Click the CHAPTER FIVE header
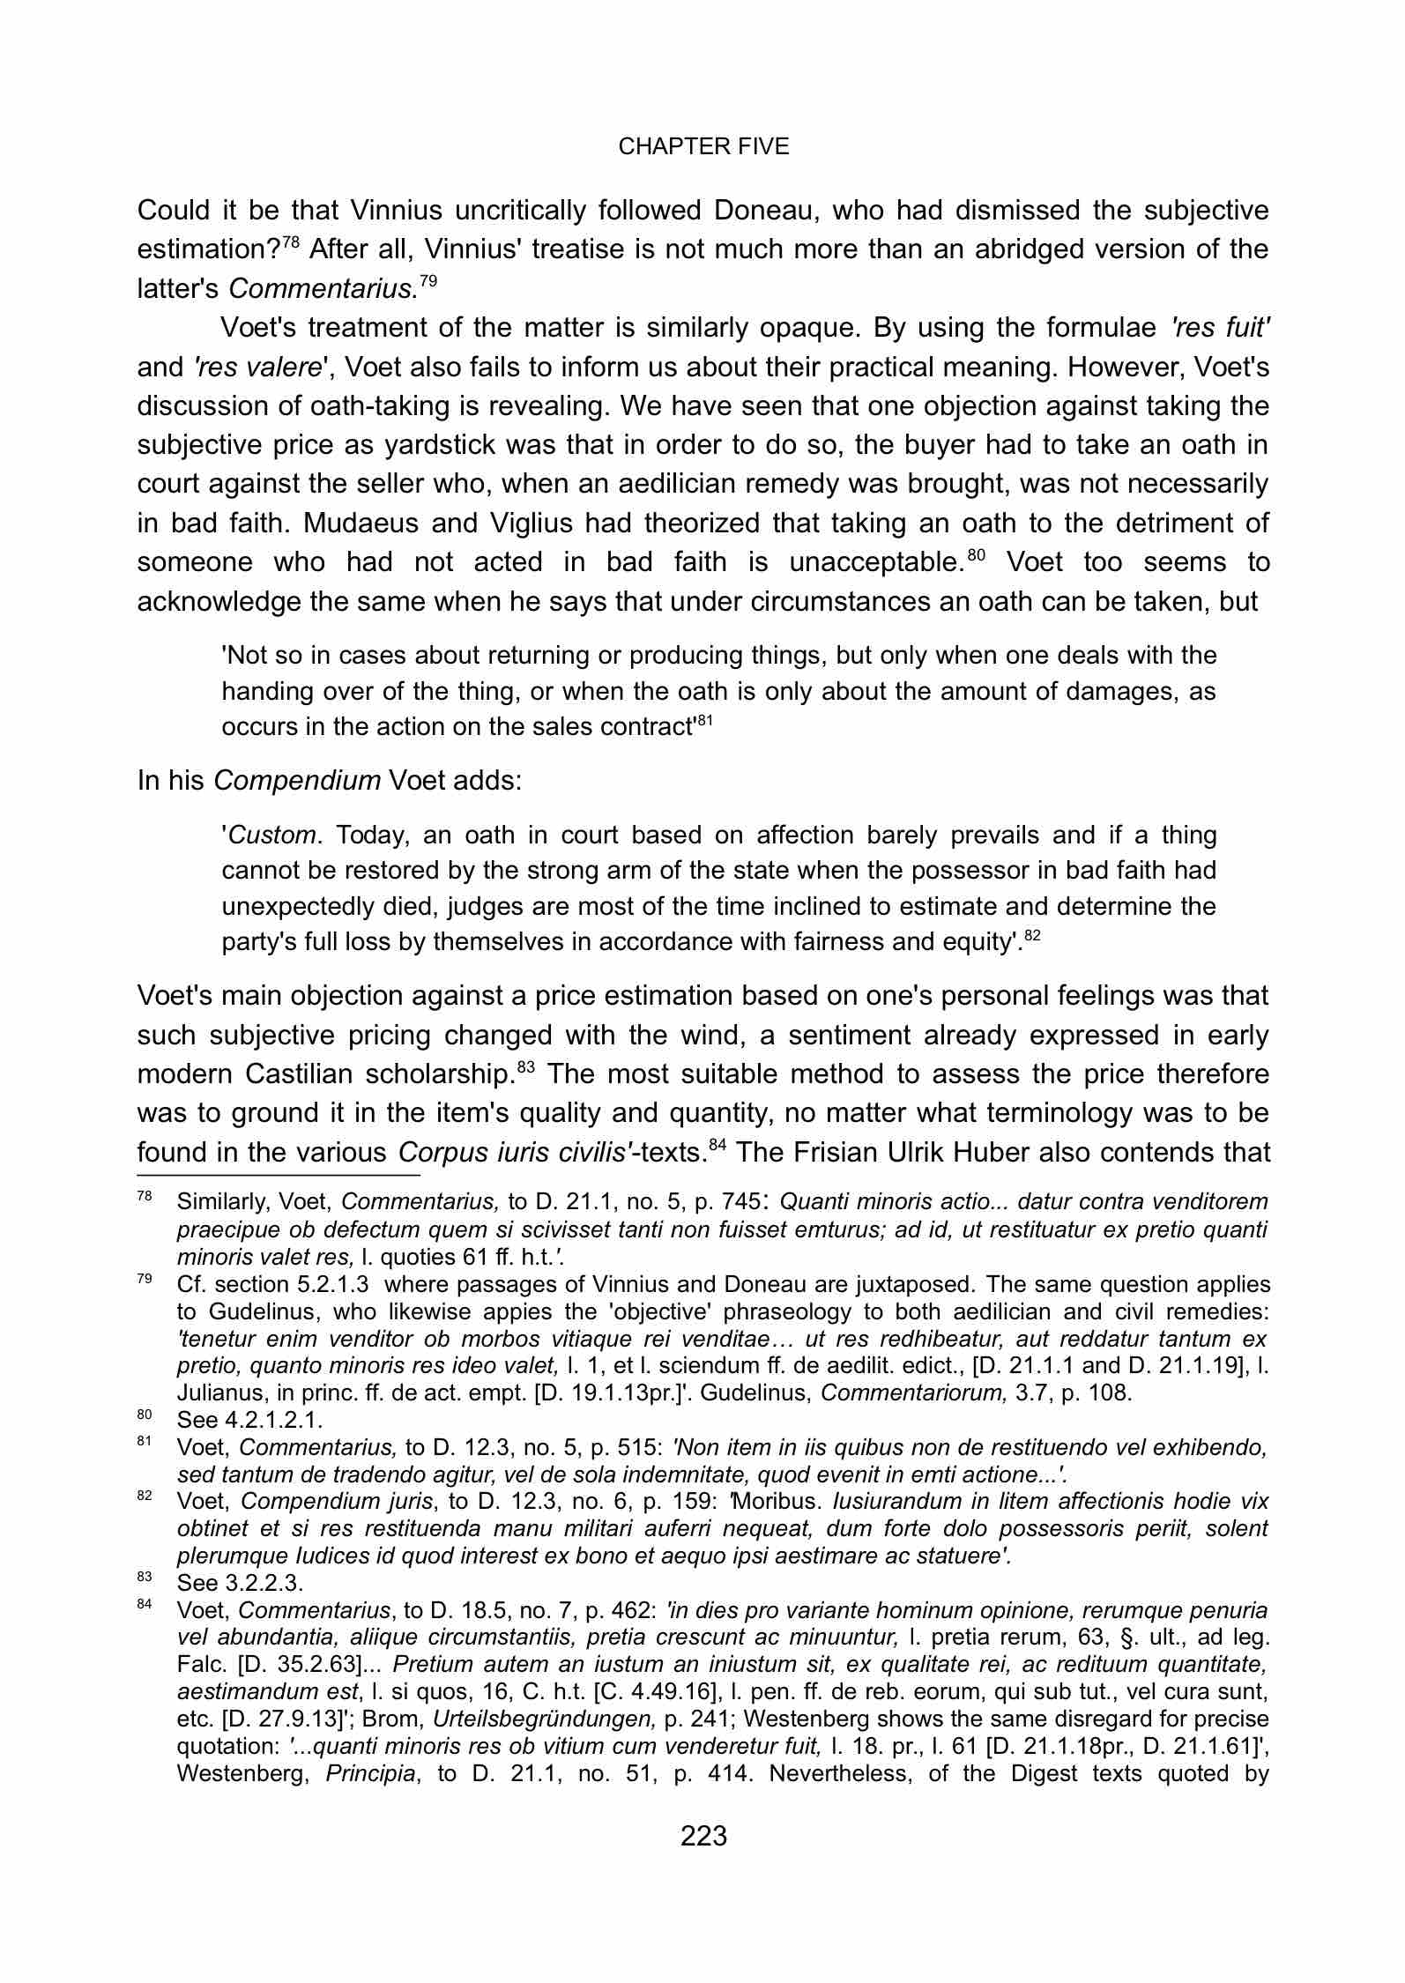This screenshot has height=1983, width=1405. (703, 147)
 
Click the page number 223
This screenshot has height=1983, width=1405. (703, 1836)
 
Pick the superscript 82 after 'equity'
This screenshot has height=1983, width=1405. (1033, 936)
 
